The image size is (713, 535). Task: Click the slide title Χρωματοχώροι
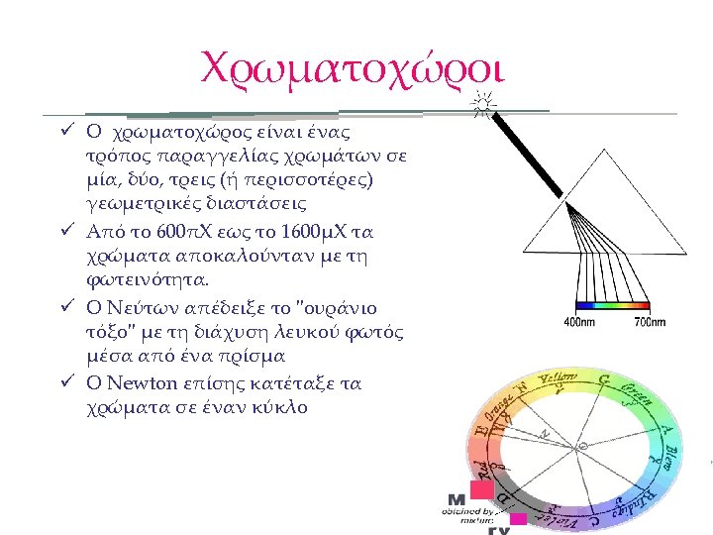(x=353, y=67)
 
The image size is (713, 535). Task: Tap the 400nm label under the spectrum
(x=578, y=322)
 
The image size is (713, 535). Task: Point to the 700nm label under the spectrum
(x=649, y=322)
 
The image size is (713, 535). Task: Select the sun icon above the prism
(x=482, y=102)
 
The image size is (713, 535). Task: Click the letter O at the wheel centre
(x=582, y=447)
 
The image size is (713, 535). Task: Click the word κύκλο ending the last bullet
(x=280, y=406)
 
